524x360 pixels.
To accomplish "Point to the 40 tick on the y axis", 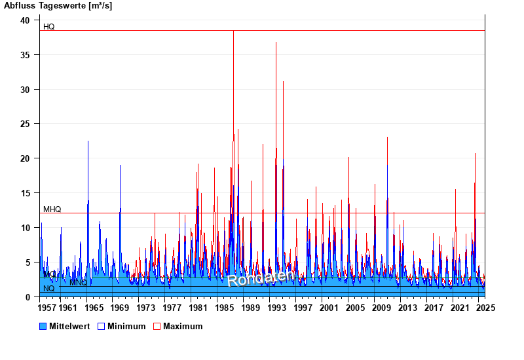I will point(25,20).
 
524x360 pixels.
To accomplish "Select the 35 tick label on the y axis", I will point(25,55).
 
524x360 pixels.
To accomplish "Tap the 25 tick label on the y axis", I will point(25,124).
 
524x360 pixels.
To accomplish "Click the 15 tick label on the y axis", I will point(25,193).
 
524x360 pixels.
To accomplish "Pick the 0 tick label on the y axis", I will point(28,297).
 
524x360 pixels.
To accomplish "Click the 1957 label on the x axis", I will point(48,308).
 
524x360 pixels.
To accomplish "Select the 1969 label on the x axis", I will point(120,308).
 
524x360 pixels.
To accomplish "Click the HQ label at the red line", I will point(49,27).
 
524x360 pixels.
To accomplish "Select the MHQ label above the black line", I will point(52,209).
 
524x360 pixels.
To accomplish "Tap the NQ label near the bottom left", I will point(49,289).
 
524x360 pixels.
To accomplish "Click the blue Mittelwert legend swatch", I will point(43,326).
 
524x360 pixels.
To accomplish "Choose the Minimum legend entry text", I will point(126,326).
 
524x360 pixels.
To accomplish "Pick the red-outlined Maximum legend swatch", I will point(157,326).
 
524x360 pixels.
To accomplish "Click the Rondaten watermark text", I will point(259,278).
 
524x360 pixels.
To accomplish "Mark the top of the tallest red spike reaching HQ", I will point(233,31).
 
